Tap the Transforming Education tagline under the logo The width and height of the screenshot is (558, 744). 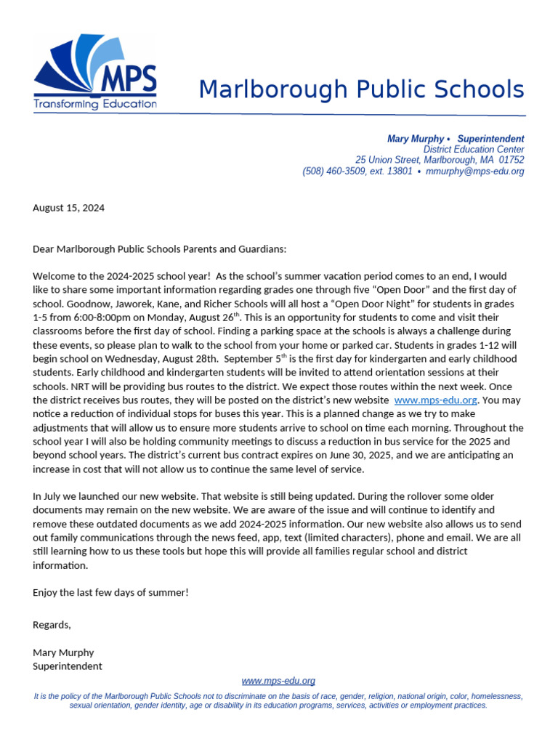(94, 104)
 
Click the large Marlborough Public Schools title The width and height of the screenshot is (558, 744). (361, 90)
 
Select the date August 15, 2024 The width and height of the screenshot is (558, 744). (68, 208)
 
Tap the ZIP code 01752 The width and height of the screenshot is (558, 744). (511, 160)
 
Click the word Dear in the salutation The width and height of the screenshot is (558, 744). (44, 249)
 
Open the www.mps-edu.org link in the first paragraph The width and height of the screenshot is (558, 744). (435, 400)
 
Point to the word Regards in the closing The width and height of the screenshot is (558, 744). (52, 625)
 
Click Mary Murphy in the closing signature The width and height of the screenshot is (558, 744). (63, 652)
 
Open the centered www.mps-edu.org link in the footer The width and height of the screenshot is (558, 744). (278, 681)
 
